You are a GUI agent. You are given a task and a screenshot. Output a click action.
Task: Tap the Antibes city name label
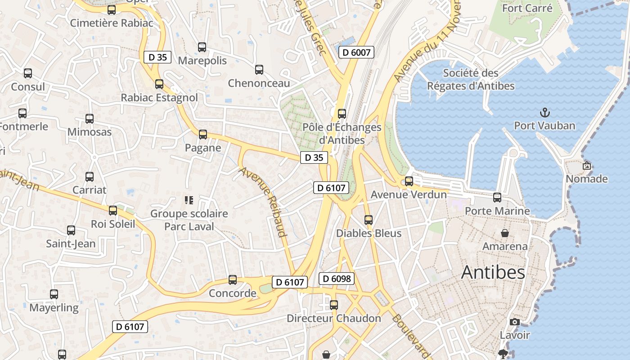click(x=493, y=272)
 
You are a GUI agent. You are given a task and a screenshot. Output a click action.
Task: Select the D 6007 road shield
click(x=356, y=52)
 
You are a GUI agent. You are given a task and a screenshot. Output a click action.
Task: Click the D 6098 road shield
click(x=337, y=279)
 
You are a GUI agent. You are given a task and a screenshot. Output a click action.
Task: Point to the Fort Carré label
click(x=527, y=8)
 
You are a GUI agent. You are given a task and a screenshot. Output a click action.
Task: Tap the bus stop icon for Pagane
click(x=203, y=134)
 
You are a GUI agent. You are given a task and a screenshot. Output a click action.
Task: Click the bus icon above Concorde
click(x=233, y=279)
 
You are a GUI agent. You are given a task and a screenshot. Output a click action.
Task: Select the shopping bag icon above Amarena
click(x=505, y=233)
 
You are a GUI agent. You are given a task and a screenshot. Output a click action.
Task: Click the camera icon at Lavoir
click(x=515, y=322)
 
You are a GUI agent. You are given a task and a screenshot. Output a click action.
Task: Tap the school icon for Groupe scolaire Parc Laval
click(x=189, y=200)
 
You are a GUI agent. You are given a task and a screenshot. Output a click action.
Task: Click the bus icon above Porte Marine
click(x=497, y=197)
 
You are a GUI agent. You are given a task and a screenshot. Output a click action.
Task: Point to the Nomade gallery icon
click(x=586, y=166)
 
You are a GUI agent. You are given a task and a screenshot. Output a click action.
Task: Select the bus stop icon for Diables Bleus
click(x=369, y=220)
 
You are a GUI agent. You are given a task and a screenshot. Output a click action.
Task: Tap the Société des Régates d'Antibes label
click(x=470, y=79)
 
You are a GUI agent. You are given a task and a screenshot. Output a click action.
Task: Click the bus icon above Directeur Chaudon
click(x=334, y=305)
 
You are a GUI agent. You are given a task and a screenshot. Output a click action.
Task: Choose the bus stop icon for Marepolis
click(x=202, y=47)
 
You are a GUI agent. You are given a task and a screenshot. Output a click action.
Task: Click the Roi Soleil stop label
click(x=113, y=224)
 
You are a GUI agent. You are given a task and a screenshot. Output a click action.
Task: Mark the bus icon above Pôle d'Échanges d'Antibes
click(x=342, y=113)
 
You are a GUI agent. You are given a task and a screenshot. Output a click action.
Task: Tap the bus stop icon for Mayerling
click(x=54, y=294)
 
